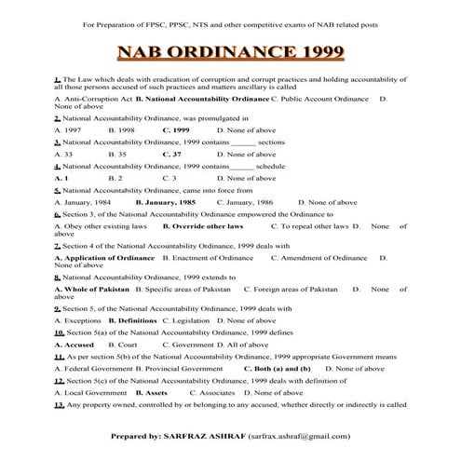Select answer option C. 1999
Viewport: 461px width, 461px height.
click(175, 130)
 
